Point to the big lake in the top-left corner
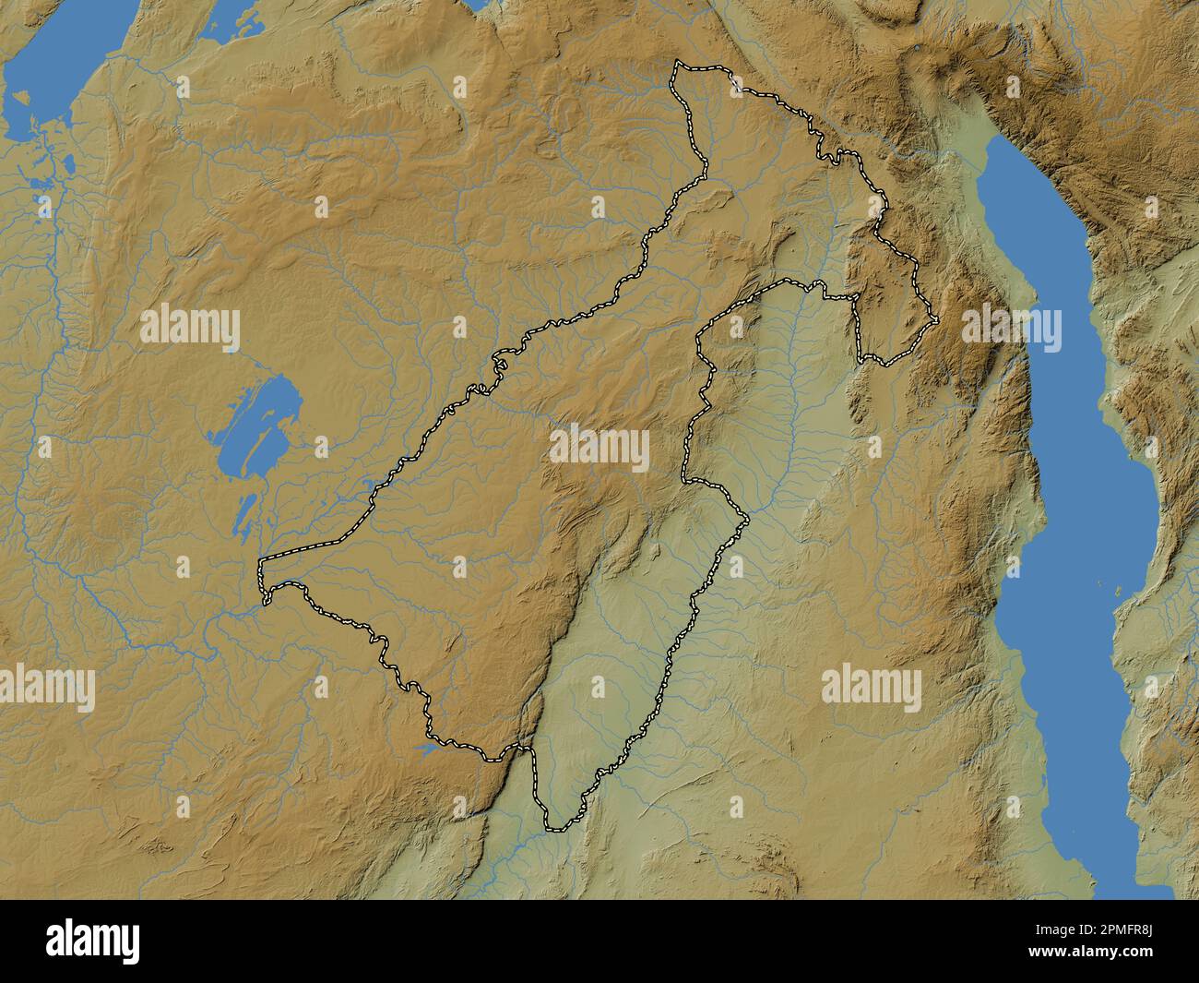tap(42, 88)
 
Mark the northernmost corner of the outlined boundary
tap(678, 63)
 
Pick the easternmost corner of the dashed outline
tap(938, 320)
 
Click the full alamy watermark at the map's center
tap(599, 450)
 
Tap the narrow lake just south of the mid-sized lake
tap(244, 514)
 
